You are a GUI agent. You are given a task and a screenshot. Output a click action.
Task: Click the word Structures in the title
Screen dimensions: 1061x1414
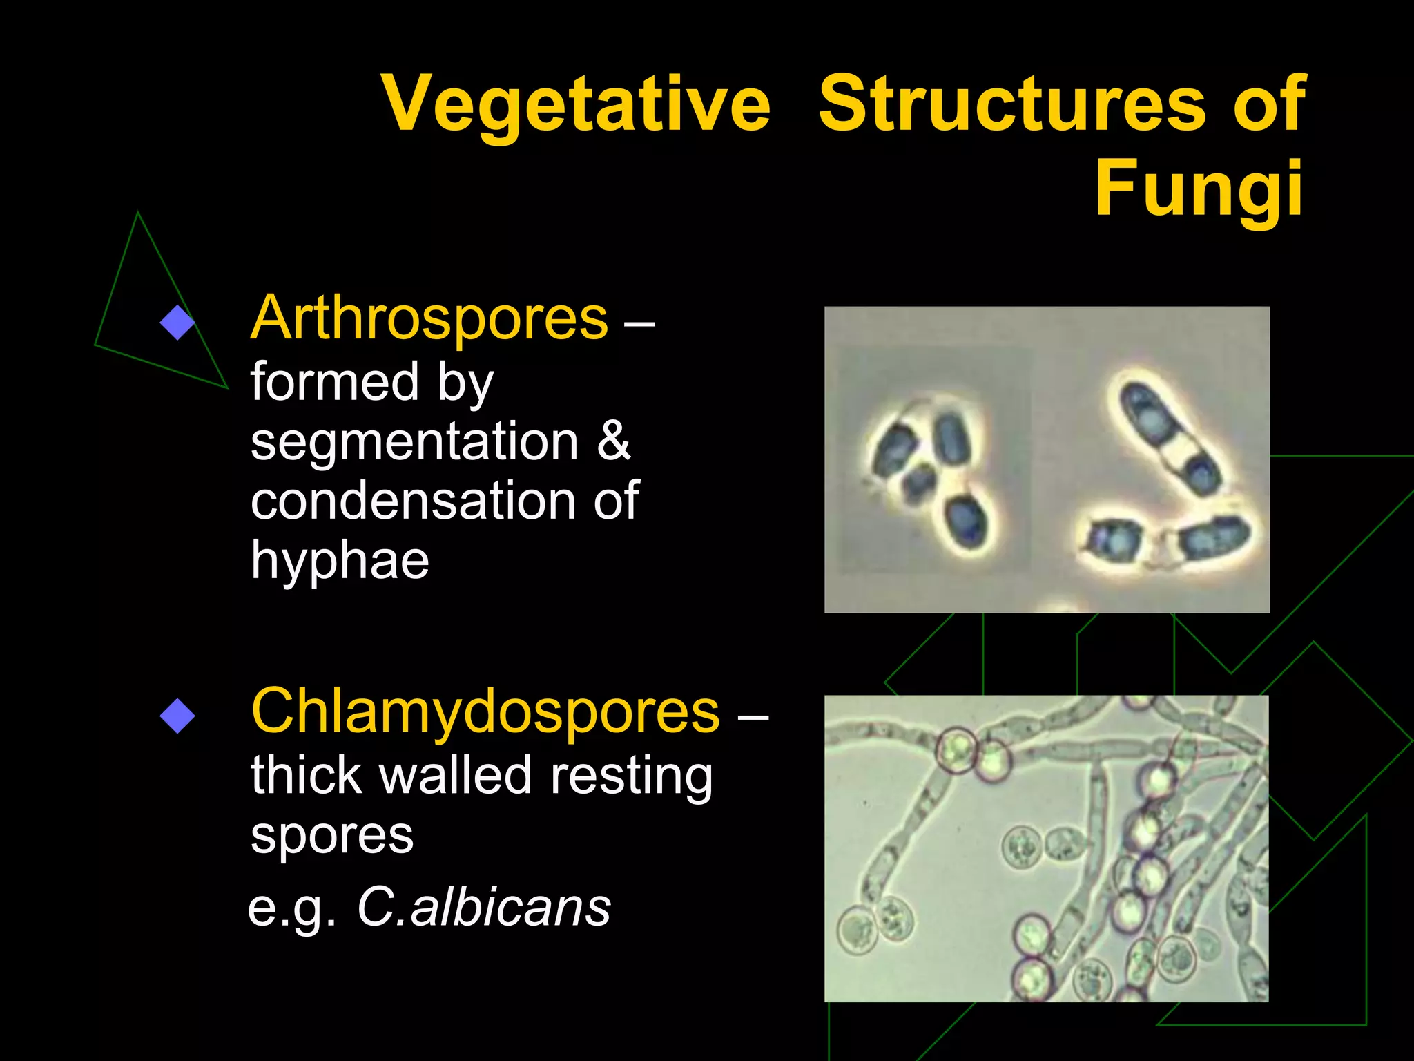pyautogui.click(x=1012, y=104)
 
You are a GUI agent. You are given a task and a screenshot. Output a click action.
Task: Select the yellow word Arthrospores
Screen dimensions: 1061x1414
pyautogui.click(x=429, y=318)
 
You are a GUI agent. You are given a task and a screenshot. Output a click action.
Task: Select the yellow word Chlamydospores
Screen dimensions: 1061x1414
pyautogui.click(x=485, y=711)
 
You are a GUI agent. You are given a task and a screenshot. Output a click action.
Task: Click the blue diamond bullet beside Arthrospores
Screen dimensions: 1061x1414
pyautogui.click(x=177, y=323)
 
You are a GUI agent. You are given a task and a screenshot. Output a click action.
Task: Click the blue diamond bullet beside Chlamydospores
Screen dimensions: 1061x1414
pyautogui.click(x=177, y=716)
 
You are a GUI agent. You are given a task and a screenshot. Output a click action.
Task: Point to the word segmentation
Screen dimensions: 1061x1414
pyautogui.click(x=414, y=443)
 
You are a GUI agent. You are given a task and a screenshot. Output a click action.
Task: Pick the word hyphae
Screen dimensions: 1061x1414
pyautogui.click(x=340, y=562)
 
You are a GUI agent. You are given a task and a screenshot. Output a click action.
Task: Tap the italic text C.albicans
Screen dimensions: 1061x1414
pyautogui.click(x=484, y=907)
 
